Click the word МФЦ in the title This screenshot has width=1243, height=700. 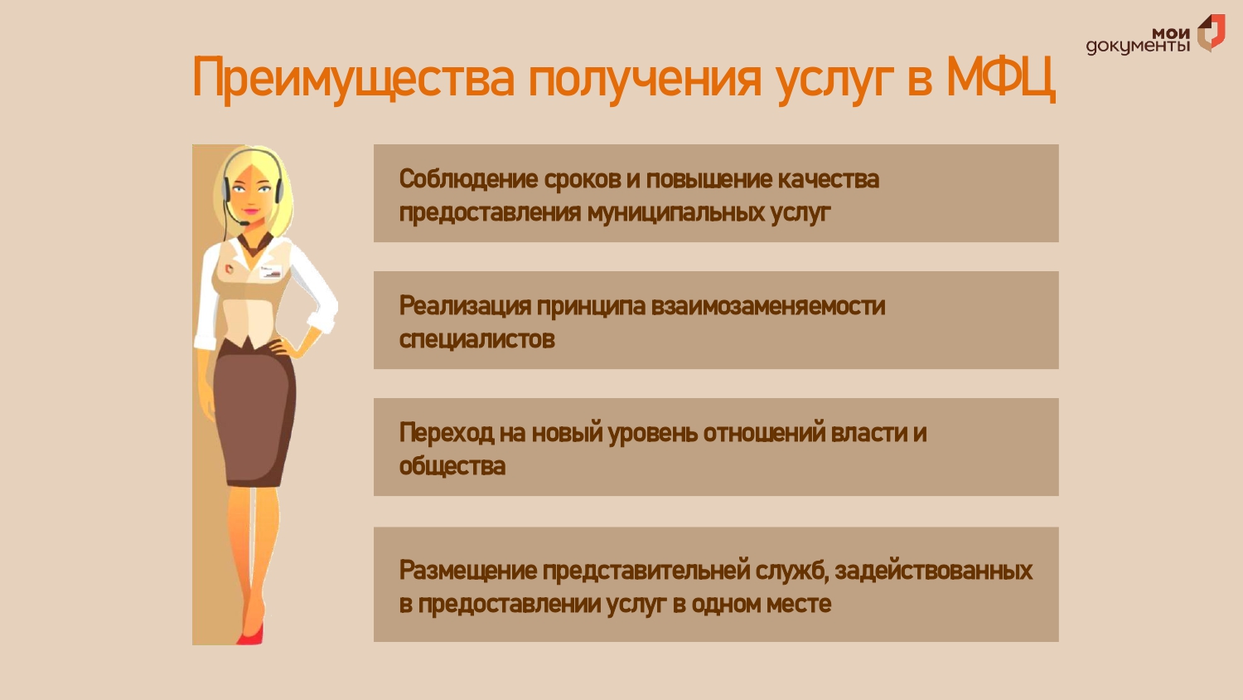click(1000, 78)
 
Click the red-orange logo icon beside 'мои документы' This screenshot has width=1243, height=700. click(1211, 33)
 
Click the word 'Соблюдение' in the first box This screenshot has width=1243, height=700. click(468, 179)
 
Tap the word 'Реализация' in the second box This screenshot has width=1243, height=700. click(464, 305)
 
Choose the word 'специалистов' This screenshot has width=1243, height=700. click(476, 339)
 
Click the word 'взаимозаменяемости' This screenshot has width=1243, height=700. click(767, 305)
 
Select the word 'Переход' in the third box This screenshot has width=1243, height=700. click(446, 432)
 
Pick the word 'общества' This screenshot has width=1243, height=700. click(452, 465)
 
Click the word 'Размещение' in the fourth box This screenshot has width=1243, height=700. click(468, 570)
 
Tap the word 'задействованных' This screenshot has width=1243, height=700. click(933, 571)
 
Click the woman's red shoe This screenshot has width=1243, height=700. click(251, 635)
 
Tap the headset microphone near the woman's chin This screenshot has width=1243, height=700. click(244, 223)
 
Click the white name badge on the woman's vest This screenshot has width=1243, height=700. click(271, 272)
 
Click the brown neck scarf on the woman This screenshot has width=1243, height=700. click(256, 244)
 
